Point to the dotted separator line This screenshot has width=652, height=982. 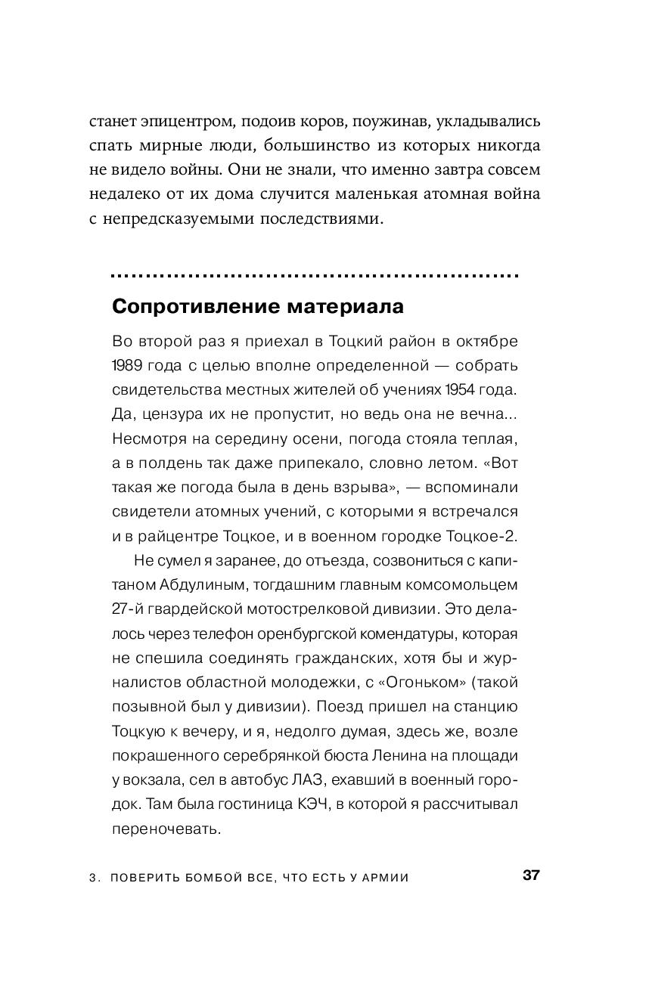click(x=315, y=275)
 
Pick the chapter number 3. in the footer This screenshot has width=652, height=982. click(x=95, y=878)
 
